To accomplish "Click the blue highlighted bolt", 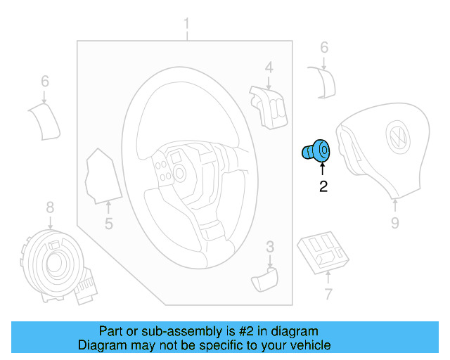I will coord(316,150).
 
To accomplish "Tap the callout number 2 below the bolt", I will coord(323,186).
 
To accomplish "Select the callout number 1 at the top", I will coord(186,27).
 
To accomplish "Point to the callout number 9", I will coord(394,223).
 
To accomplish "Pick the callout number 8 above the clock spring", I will coord(50,207).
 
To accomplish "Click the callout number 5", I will coord(109,224).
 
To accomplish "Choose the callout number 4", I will coord(269,67).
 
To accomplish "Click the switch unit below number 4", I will coord(268,105).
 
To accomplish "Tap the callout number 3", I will coord(270,246).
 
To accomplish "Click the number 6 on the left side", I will coord(45,82).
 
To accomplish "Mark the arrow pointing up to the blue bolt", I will coord(323,169).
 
